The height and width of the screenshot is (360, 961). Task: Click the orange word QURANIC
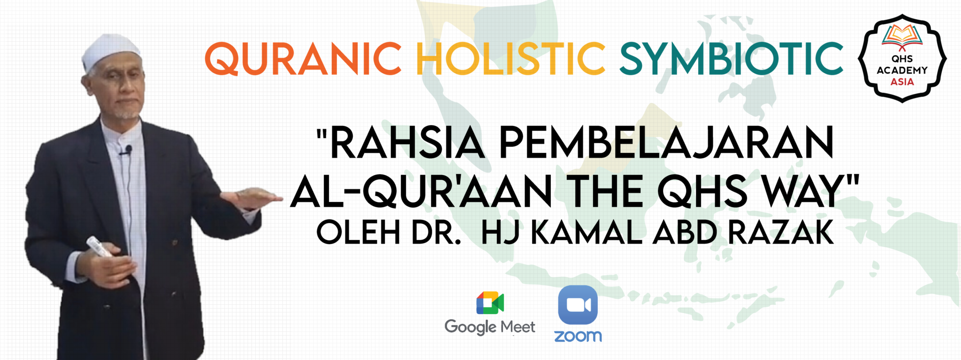303,59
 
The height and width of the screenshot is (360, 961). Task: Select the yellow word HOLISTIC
511,59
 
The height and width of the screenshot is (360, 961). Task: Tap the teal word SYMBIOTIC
732,59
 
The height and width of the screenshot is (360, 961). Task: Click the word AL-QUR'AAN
421,191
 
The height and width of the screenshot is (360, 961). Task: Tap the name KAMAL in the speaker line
586,232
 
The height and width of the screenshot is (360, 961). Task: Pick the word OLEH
358,232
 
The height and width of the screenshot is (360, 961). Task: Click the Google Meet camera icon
490,303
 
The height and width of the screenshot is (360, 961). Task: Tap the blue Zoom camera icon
578,305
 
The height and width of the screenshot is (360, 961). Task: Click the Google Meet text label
490,327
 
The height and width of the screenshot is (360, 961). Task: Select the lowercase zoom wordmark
578,336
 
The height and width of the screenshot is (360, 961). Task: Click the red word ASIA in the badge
902,82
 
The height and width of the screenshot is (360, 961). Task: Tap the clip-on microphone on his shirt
127,150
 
